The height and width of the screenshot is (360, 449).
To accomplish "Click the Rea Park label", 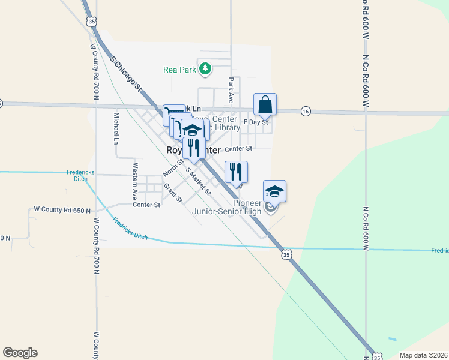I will [180, 70].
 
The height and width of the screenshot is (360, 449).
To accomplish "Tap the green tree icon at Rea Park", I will [205, 69].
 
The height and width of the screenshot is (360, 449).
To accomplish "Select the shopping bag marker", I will [265, 105].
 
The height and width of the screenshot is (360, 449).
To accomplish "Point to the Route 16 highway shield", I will [306, 111].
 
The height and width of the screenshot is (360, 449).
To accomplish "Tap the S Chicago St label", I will [126, 74].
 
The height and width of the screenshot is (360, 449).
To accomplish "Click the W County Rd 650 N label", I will [62, 210].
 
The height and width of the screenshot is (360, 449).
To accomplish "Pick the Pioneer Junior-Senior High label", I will [227, 207].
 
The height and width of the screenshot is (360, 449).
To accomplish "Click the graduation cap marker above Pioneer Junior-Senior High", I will [274, 191].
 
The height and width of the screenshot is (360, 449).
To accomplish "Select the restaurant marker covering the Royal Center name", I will [194, 148].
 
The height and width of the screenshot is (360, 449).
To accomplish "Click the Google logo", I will [20, 353].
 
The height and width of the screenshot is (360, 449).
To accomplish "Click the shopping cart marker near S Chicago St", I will [173, 115].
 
